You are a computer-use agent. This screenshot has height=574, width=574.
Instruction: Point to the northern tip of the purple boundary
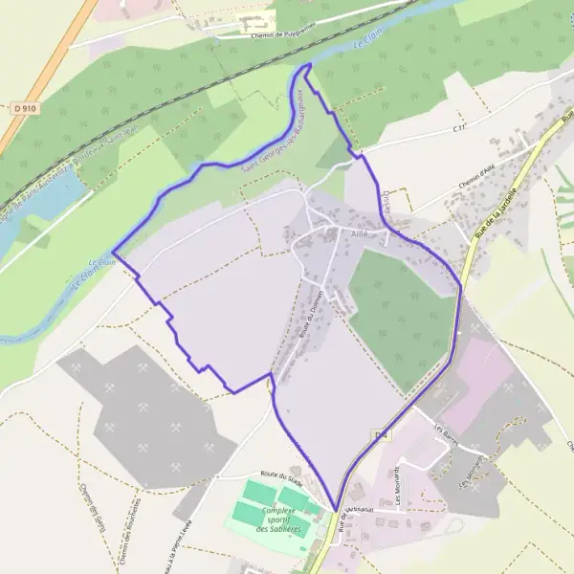tap(309, 64)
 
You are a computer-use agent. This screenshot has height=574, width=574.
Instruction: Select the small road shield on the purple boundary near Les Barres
tap(382, 435)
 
